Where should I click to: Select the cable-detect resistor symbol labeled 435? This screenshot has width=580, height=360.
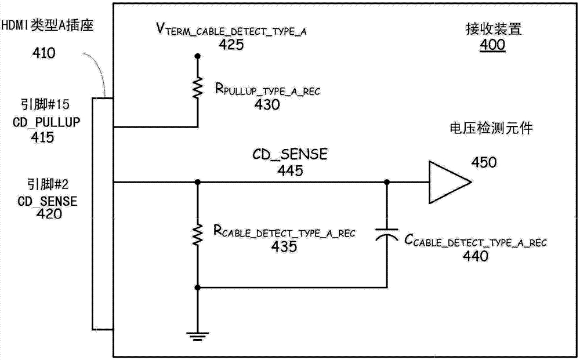197,235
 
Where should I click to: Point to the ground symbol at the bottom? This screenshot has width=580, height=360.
197,334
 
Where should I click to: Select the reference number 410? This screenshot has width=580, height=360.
45,54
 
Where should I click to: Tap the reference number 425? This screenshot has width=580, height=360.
231,45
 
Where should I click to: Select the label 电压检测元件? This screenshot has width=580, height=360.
491,128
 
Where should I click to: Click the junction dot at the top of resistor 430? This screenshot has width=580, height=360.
197,56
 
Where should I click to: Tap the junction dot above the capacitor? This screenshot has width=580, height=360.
386,182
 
